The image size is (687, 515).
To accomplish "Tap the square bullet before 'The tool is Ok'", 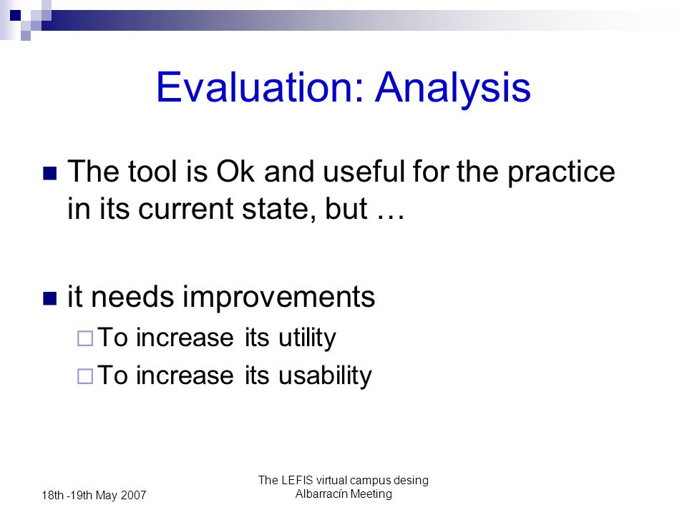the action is click(x=50, y=173).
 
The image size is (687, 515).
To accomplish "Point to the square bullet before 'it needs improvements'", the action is click(x=50, y=298).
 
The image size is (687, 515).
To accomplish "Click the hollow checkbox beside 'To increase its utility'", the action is click(x=85, y=338).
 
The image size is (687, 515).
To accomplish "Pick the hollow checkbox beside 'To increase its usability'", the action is click(x=85, y=376).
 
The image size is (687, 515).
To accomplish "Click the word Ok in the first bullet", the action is click(x=235, y=171).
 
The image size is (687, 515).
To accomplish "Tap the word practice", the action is click(x=561, y=172).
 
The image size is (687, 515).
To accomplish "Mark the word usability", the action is click(x=325, y=376).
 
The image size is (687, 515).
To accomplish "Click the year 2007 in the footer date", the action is click(x=133, y=495).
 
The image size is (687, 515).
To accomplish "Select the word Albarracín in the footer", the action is click(x=321, y=494).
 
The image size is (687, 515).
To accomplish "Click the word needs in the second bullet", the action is click(x=133, y=297).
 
